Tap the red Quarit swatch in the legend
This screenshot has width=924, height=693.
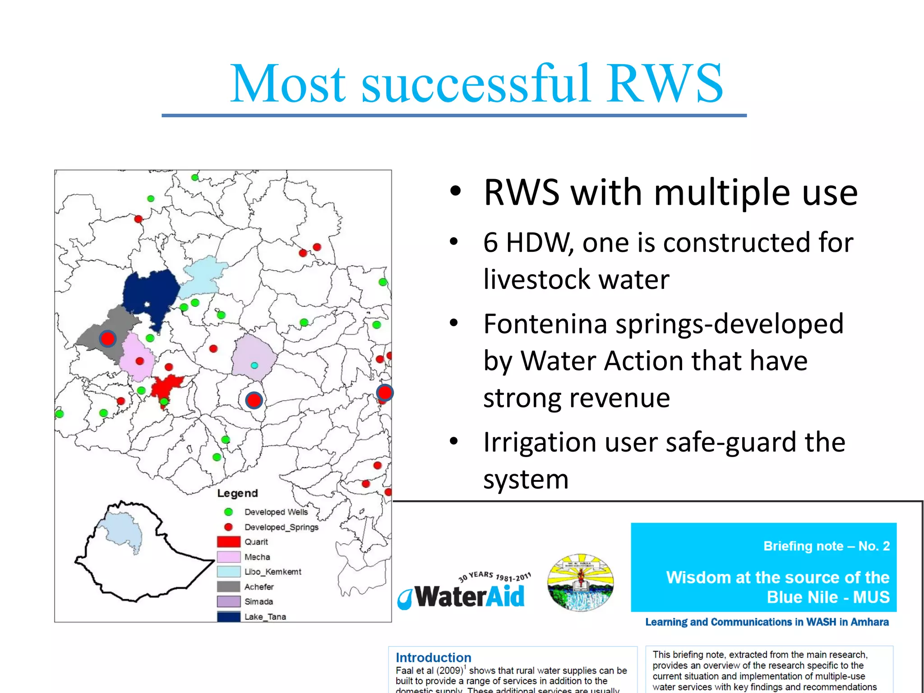(228, 541)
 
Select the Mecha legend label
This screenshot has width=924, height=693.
(257, 557)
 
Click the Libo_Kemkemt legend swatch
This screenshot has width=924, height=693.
(228, 572)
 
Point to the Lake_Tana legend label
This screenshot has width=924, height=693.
(265, 617)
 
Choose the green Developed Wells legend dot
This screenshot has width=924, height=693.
(228, 512)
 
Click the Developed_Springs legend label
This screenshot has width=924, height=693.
(281, 527)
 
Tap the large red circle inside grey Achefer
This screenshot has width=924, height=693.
(107, 338)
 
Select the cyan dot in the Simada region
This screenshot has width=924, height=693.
(254, 365)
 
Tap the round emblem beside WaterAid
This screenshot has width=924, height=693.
(580, 582)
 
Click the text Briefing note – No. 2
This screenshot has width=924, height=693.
(826, 546)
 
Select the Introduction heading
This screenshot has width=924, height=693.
(433, 657)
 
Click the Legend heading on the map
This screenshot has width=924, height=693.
(237, 493)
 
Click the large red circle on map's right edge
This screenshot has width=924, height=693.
(384, 393)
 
